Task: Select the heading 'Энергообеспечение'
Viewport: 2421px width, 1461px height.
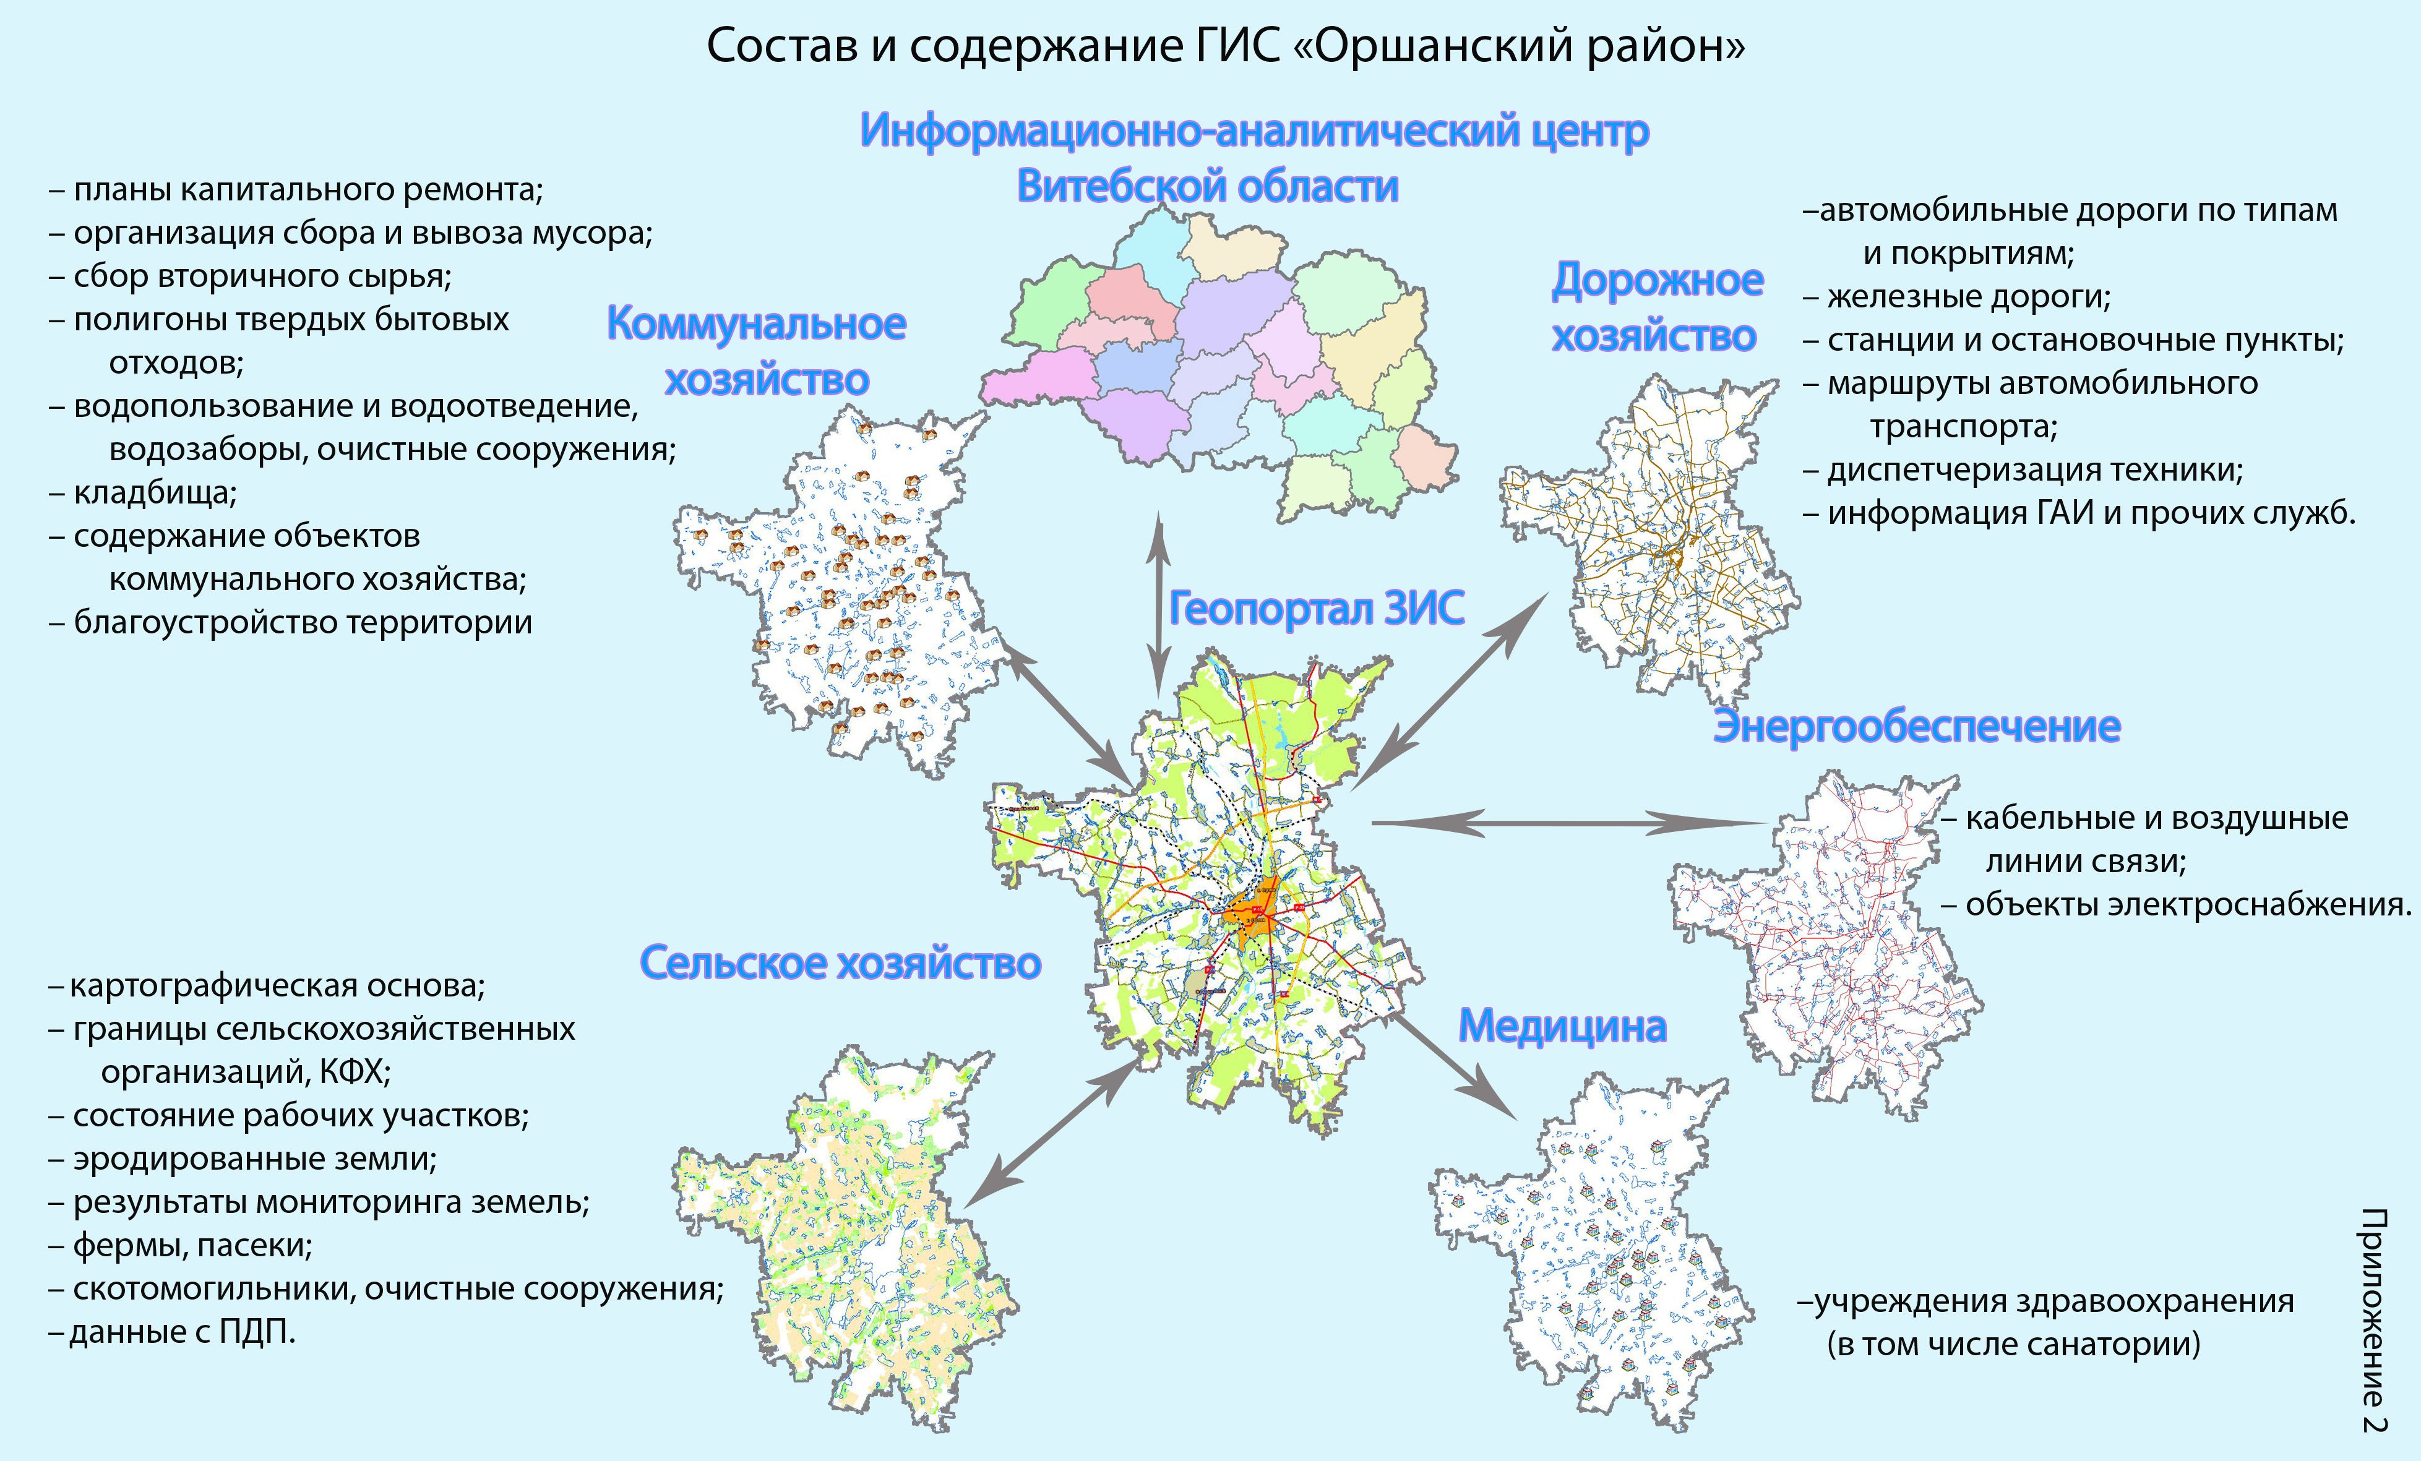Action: point(1916,727)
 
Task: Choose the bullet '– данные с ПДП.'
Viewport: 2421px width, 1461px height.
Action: point(172,1332)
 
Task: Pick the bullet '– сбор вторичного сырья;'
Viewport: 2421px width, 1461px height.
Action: point(251,276)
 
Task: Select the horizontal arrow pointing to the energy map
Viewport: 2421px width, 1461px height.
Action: point(1567,823)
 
